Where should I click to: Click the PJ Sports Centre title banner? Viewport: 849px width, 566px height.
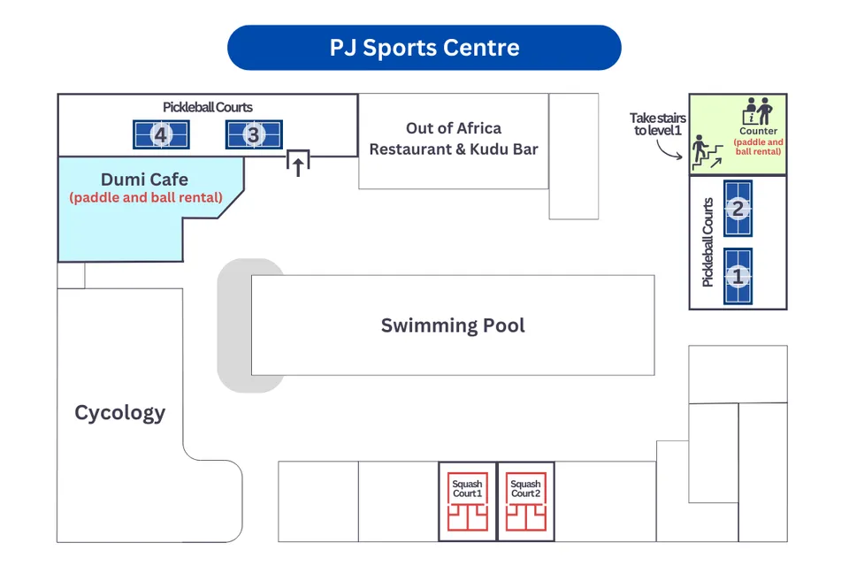click(424, 47)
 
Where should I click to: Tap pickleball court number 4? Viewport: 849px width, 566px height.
click(161, 134)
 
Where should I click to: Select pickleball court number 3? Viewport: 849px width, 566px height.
click(254, 134)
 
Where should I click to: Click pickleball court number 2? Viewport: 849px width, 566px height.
click(738, 209)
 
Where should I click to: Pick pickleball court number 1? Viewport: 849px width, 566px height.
click(738, 276)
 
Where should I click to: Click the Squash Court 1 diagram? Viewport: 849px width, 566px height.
click(467, 501)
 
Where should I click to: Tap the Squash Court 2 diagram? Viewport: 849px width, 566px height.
click(525, 501)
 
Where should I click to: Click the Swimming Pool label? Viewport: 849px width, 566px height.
click(453, 325)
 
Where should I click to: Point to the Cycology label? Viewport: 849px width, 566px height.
click(119, 412)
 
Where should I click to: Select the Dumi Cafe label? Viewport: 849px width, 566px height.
click(144, 180)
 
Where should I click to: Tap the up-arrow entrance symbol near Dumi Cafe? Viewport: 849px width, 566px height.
click(298, 163)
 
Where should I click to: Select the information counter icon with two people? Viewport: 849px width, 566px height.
click(757, 111)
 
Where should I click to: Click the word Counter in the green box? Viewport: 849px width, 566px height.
click(758, 131)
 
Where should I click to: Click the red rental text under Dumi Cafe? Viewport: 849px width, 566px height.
click(146, 198)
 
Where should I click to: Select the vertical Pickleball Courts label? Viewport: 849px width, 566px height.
click(707, 241)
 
